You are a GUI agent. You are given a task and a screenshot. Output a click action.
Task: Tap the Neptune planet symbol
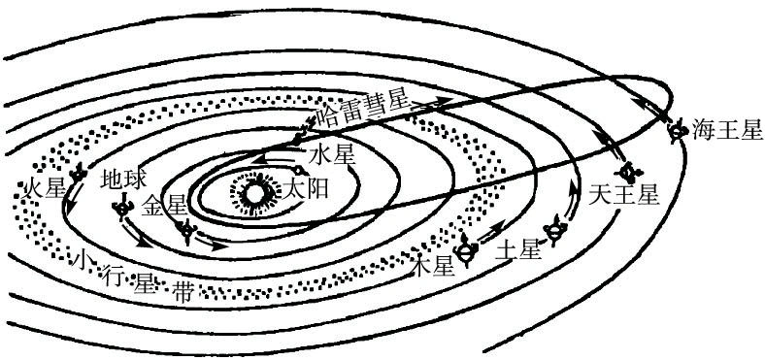[x=677, y=128]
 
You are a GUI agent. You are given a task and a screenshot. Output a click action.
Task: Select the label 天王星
[x=623, y=194]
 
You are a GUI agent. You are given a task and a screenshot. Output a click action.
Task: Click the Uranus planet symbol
[x=632, y=172]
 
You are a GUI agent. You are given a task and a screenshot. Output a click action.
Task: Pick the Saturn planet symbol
[x=555, y=233]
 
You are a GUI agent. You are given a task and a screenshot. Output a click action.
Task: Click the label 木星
[x=433, y=264]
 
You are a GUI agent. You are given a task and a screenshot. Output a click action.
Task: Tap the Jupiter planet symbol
[x=467, y=251]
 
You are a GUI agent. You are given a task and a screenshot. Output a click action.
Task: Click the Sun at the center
[x=255, y=193]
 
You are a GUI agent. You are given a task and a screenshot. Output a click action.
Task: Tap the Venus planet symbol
[x=188, y=230]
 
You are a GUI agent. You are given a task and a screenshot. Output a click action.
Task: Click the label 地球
[x=124, y=180]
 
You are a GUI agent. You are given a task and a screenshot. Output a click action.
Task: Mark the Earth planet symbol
[x=123, y=206]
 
